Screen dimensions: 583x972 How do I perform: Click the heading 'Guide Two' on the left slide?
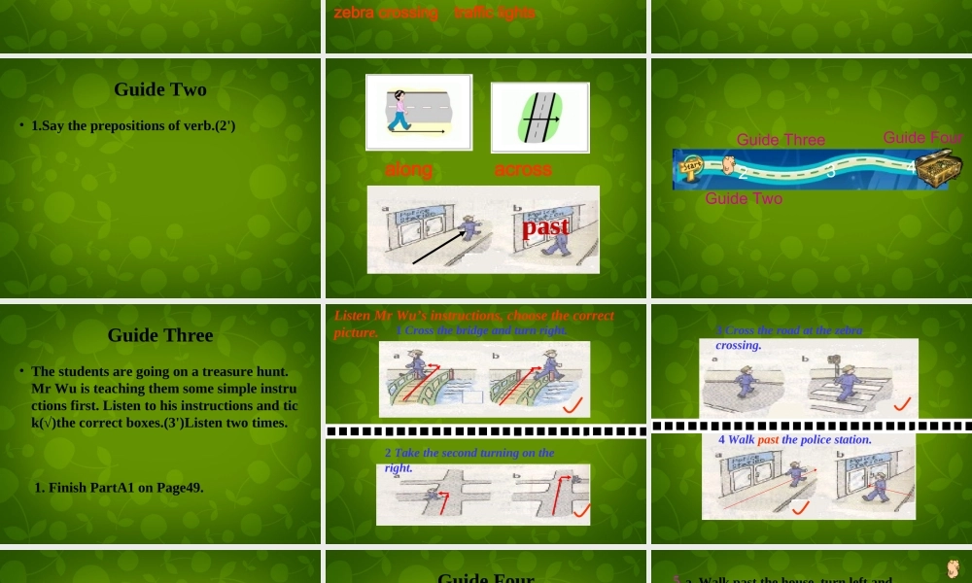click(x=160, y=89)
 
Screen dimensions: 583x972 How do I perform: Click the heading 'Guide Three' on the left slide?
click(x=160, y=335)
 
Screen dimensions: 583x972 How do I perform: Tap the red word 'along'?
click(x=408, y=169)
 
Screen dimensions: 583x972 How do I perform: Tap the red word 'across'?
click(x=523, y=169)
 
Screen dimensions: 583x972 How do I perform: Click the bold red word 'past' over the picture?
click(x=545, y=227)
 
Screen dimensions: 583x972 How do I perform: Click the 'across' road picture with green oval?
click(x=540, y=118)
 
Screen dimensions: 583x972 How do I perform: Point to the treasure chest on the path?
click(x=938, y=168)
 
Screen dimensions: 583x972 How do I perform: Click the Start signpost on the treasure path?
click(x=691, y=167)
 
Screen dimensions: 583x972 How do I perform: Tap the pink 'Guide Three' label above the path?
click(x=781, y=140)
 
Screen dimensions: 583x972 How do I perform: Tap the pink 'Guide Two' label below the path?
click(x=744, y=198)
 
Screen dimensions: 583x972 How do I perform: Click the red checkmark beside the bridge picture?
click(x=573, y=404)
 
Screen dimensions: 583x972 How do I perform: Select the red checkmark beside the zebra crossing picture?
click(x=902, y=403)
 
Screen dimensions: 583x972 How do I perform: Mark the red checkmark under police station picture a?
click(x=800, y=507)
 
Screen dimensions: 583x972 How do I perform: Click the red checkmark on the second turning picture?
click(x=581, y=510)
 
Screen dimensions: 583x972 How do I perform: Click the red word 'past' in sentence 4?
click(x=768, y=440)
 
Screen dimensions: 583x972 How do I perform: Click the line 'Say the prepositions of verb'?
click(x=133, y=125)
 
